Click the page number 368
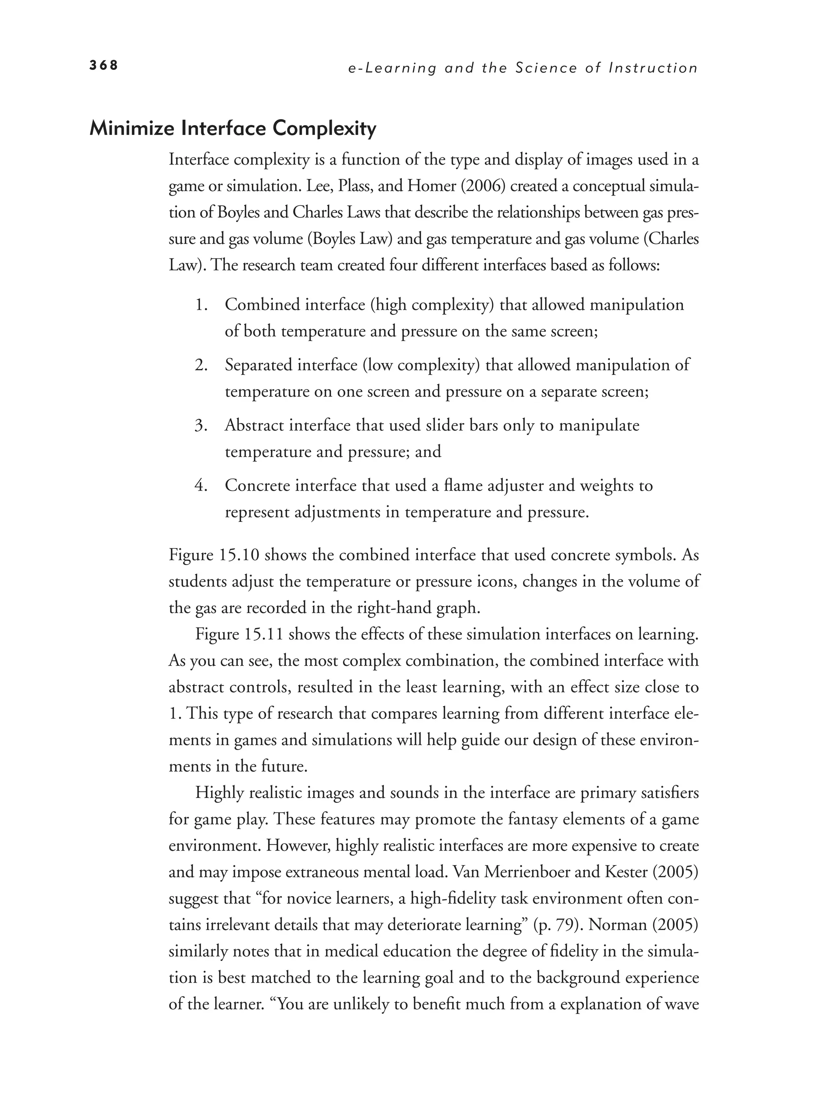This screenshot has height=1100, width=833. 103,65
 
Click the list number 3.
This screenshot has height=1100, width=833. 201,425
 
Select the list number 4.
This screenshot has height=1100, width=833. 201,485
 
